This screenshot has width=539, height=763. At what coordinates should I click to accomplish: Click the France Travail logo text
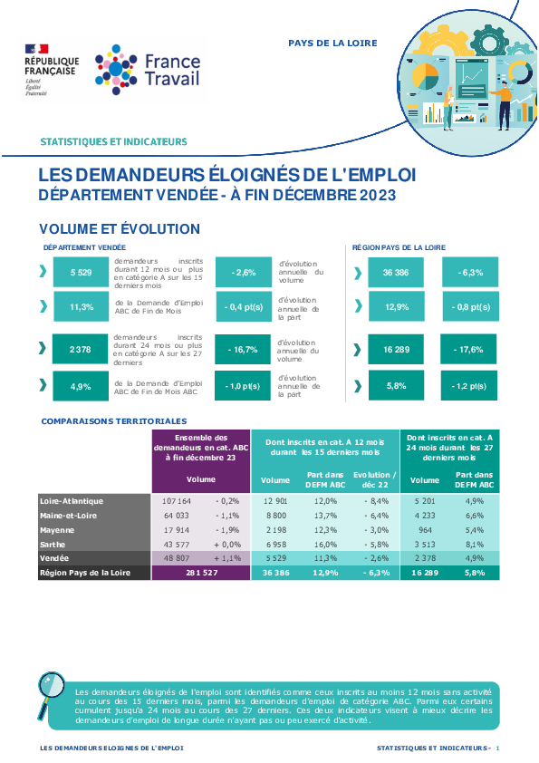click(172, 70)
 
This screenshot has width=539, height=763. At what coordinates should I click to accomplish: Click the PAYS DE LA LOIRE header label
click(332, 43)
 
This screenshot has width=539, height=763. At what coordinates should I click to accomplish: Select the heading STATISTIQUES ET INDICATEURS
click(113, 141)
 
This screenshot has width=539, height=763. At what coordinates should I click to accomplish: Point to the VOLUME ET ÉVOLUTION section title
click(120, 228)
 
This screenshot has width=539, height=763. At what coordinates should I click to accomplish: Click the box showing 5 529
click(81, 273)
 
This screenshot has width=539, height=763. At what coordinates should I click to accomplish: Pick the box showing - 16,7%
click(243, 350)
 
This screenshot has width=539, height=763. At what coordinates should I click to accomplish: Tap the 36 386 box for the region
click(396, 273)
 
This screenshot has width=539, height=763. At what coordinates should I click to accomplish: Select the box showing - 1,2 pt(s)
click(469, 386)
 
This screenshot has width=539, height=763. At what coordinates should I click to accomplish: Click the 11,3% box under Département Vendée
click(82, 307)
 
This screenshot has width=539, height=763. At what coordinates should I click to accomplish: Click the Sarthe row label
click(53, 545)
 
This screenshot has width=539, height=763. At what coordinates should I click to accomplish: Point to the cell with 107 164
click(177, 501)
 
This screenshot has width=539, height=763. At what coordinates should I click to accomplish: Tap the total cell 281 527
click(201, 573)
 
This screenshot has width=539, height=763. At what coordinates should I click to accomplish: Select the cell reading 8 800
click(275, 516)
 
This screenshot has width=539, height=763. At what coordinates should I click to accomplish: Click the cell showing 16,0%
click(325, 545)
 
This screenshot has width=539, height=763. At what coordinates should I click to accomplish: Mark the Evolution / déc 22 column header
click(374, 479)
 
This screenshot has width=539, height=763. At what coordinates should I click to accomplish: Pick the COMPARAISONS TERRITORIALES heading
click(114, 421)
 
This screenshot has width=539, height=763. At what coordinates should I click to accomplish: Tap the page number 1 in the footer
click(497, 748)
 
